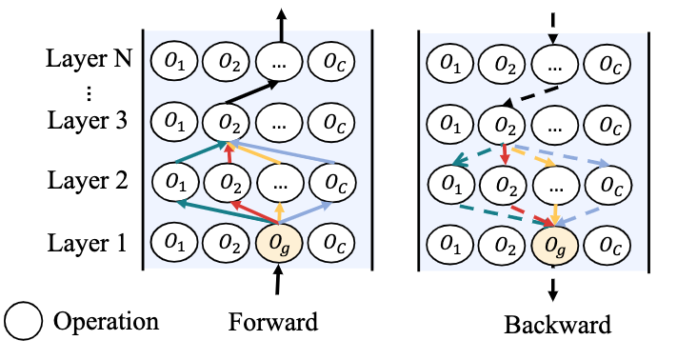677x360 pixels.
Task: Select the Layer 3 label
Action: (x=88, y=122)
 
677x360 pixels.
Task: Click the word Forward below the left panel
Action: (x=272, y=322)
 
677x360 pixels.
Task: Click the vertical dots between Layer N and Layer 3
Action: (x=88, y=92)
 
